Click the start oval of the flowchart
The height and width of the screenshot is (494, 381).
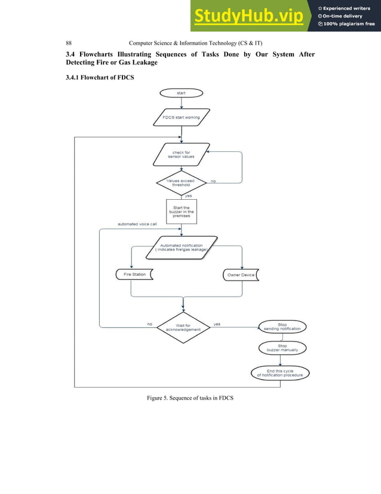(x=181, y=93)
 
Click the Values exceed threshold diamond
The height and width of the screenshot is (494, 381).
(x=180, y=182)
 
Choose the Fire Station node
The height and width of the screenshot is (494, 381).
(x=133, y=275)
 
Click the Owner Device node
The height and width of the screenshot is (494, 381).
(x=242, y=275)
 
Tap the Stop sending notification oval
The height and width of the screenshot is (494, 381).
(x=283, y=327)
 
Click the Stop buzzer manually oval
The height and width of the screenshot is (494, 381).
(x=282, y=348)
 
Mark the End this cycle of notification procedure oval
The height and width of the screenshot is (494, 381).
(x=280, y=373)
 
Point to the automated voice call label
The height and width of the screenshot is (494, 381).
(x=137, y=224)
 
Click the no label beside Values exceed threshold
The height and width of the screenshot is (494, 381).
(x=213, y=180)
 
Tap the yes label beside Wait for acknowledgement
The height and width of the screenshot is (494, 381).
(x=217, y=324)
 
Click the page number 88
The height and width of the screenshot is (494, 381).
(x=69, y=43)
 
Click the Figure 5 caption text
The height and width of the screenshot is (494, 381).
(x=190, y=398)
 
